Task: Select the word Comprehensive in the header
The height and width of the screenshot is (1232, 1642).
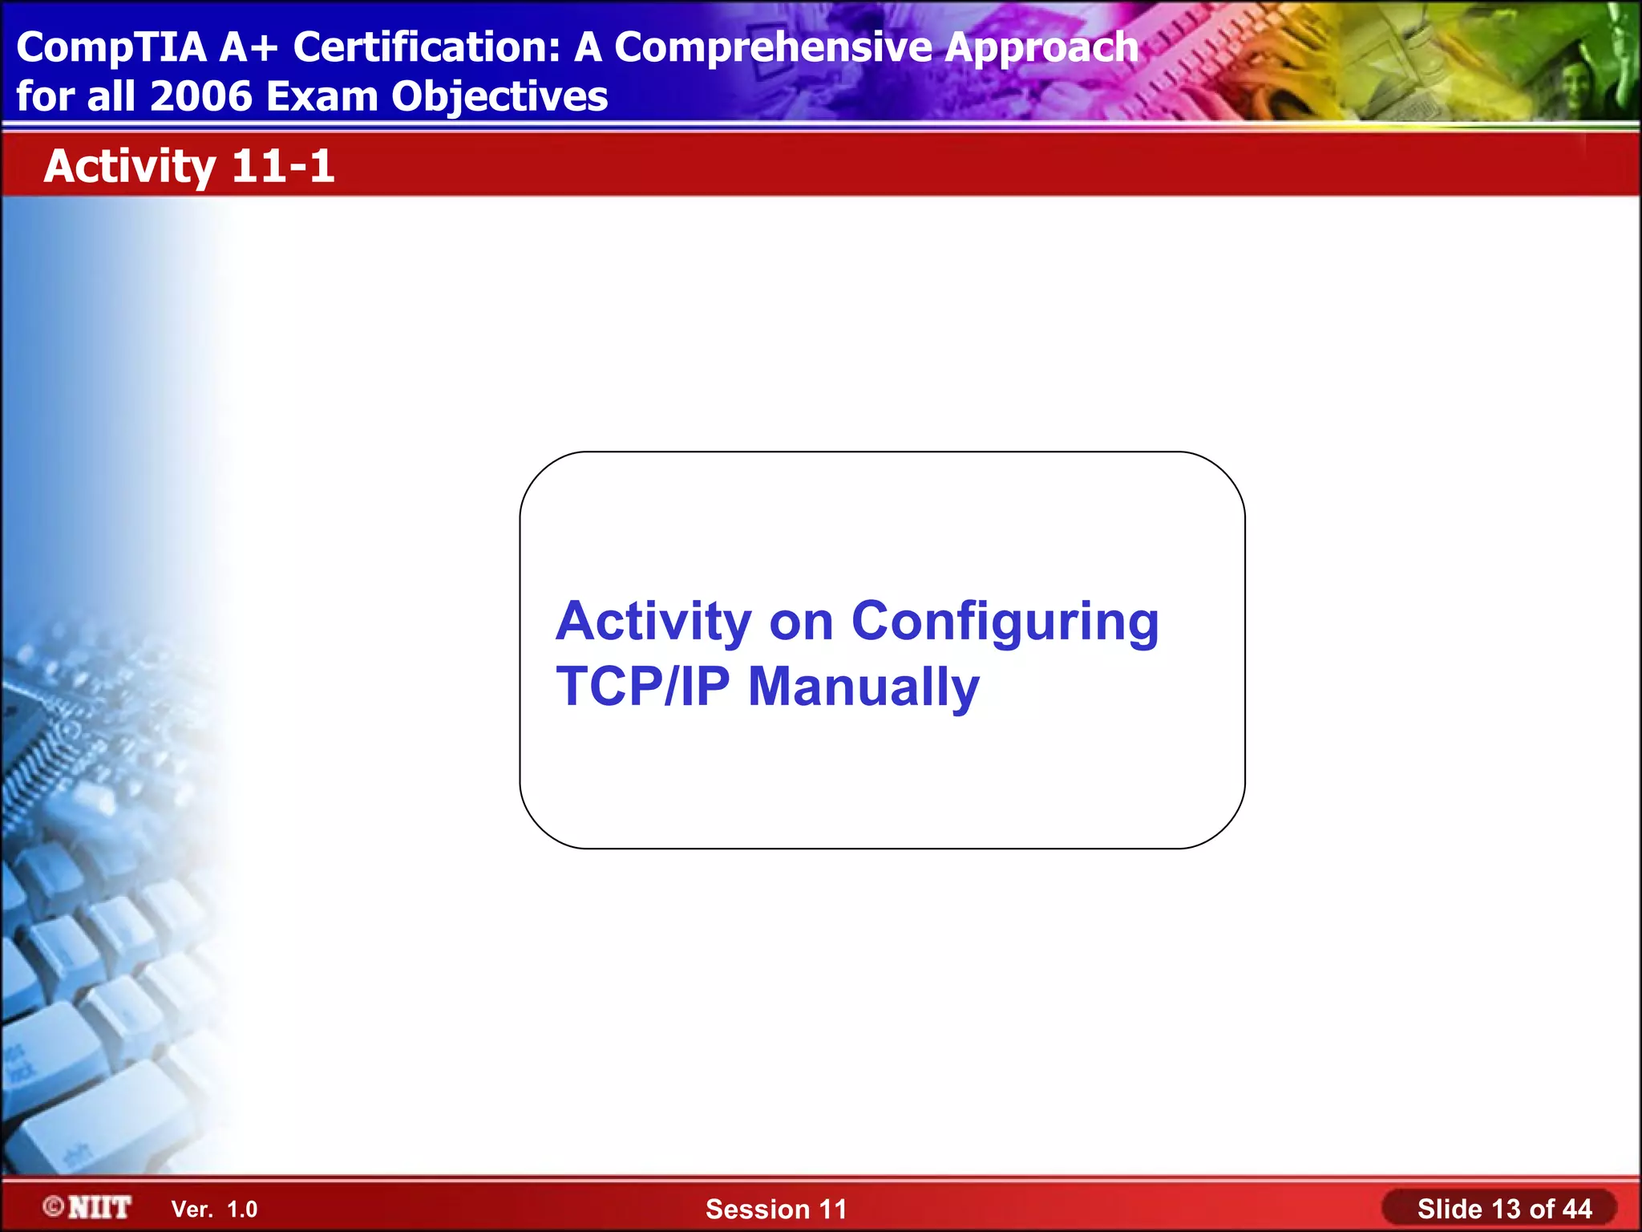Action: point(774,48)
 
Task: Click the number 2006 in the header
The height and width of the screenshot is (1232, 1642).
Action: point(200,96)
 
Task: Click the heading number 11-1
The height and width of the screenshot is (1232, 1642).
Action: point(282,166)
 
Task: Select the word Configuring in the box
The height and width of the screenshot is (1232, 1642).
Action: point(1005,623)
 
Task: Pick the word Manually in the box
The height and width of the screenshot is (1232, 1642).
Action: point(863,688)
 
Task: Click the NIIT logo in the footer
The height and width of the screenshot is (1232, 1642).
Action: point(99,1207)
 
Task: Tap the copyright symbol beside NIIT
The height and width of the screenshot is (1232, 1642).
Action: point(54,1206)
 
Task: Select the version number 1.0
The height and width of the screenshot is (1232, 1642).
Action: point(242,1210)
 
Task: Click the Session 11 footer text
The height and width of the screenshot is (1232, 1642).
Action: point(775,1209)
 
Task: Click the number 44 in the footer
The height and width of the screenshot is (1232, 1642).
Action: point(1576,1209)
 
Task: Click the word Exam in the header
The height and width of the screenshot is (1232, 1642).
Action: point(322,96)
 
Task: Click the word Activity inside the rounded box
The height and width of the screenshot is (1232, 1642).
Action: point(653,622)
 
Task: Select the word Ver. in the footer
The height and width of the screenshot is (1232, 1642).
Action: point(192,1210)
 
